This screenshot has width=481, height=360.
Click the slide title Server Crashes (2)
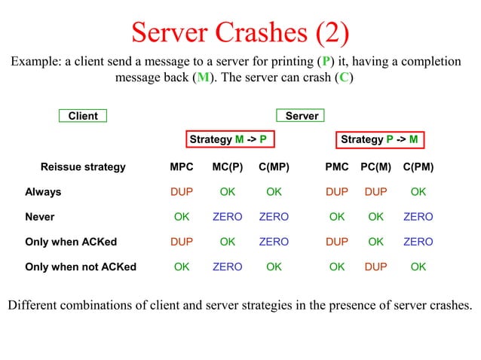pyautogui.click(x=240, y=32)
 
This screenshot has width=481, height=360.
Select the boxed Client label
pyautogui.click(x=83, y=116)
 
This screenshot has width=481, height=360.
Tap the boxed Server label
pyautogui.click(x=302, y=116)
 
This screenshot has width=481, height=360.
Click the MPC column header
pyautogui.click(x=182, y=166)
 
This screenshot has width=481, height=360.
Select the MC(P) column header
pyautogui.click(x=227, y=166)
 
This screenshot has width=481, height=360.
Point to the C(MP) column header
pyautogui.click(x=274, y=166)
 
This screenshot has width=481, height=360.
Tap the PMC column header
pyautogui.click(x=337, y=166)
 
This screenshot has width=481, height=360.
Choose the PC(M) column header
pyautogui.click(x=376, y=166)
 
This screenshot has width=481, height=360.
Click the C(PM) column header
pyautogui.click(x=418, y=166)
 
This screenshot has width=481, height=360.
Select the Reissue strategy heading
pyautogui.click(x=83, y=166)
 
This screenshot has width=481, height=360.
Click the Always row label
pyautogui.click(x=43, y=192)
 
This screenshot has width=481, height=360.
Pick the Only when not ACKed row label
pyautogui.click(x=81, y=267)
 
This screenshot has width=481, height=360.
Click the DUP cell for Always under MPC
pyautogui.click(x=182, y=192)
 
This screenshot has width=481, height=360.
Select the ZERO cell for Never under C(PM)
pyautogui.click(x=418, y=217)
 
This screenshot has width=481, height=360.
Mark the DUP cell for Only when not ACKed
pyautogui.click(x=376, y=267)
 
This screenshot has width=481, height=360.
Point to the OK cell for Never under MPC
pyautogui.click(x=182, y=217)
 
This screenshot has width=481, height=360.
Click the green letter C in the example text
pyautogui.click(x=344, y=78)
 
